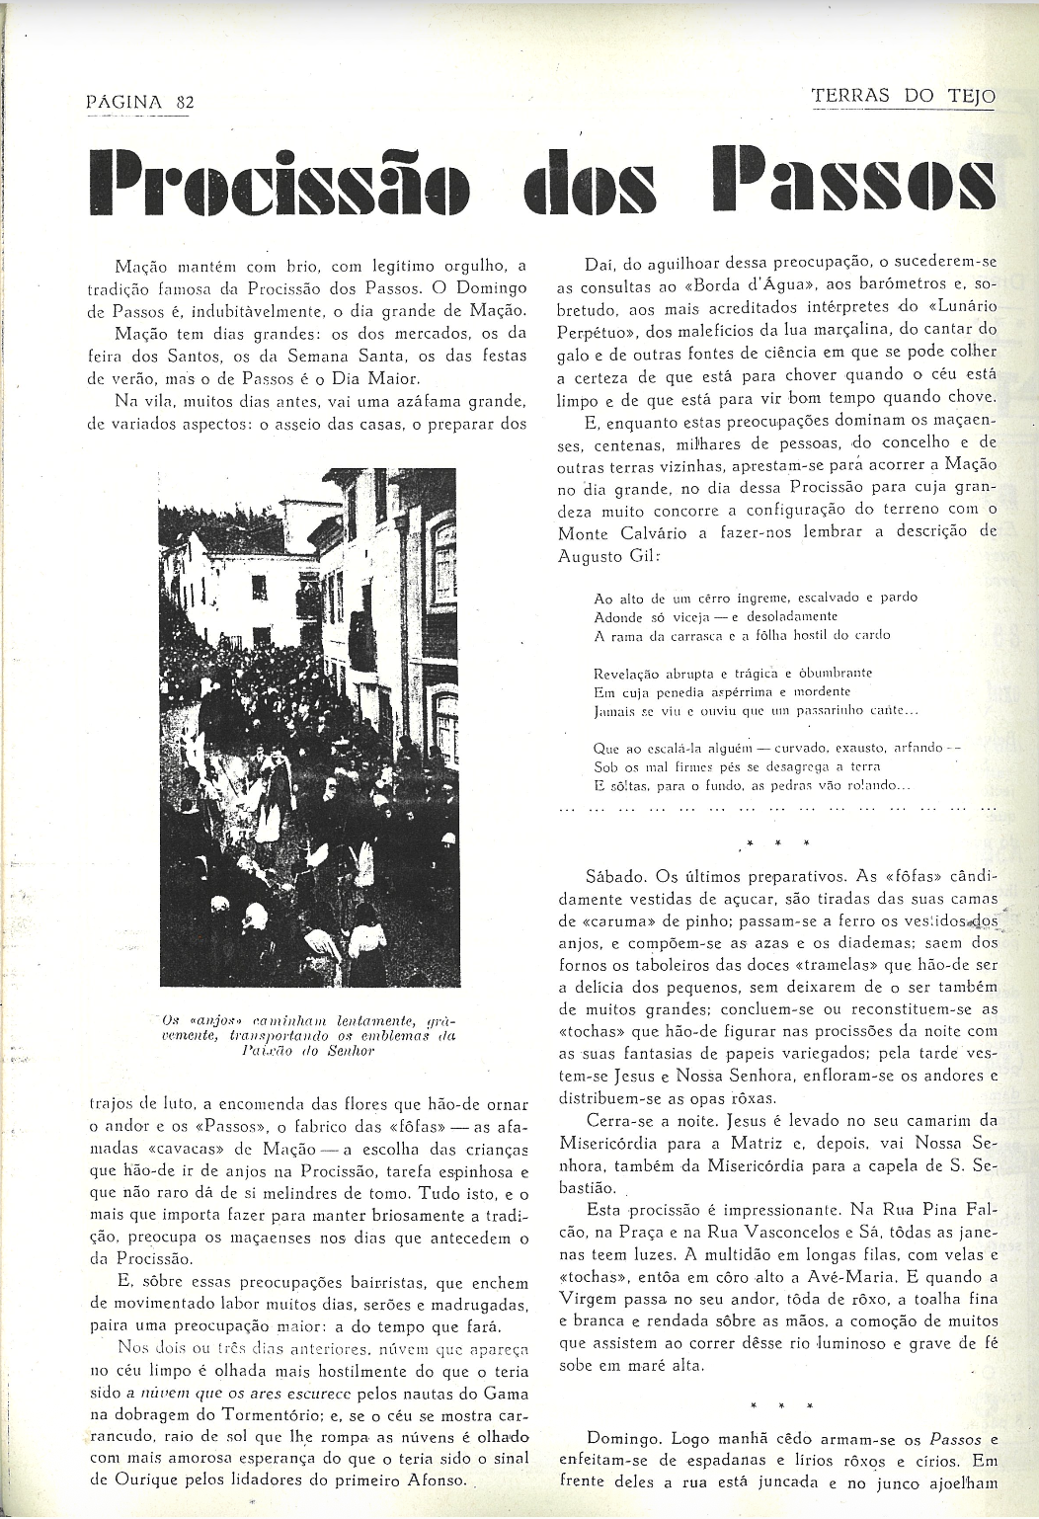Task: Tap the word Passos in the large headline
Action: pyautogui.click(x=853, y=183)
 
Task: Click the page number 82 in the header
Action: pyautogui.click(x=183, y=101)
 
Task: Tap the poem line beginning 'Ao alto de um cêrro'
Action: pyautogui.click(x=756, y=598)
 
